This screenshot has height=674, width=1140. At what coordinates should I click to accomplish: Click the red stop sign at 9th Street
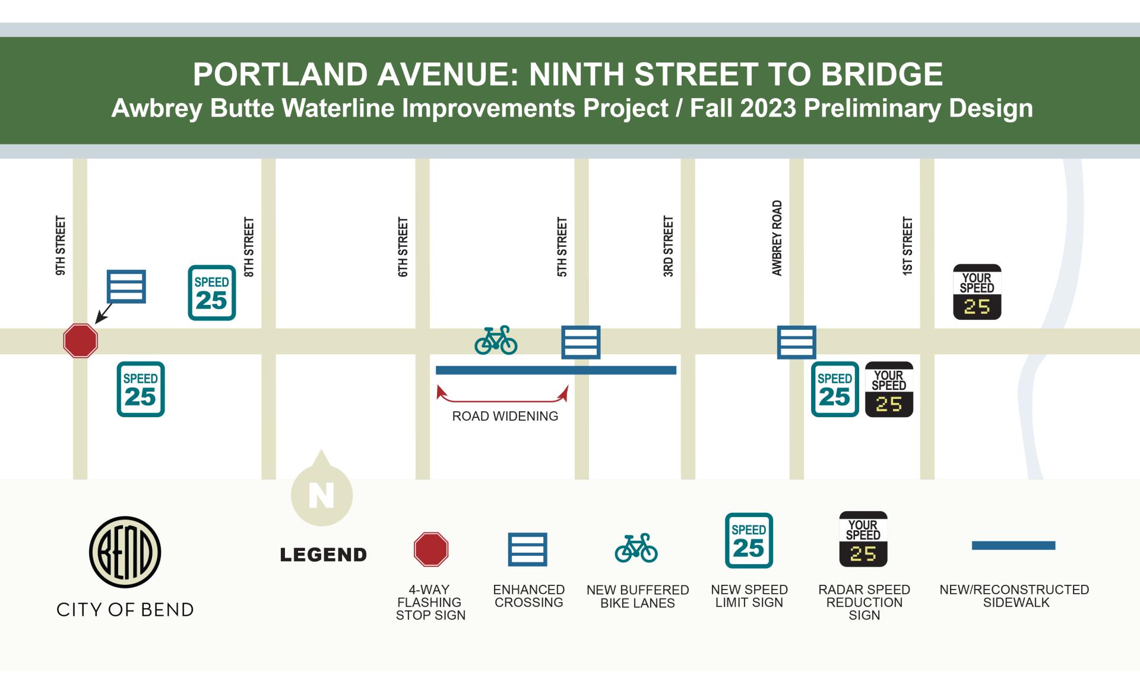click(80, 341)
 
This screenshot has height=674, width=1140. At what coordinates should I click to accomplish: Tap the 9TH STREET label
click(61, 245)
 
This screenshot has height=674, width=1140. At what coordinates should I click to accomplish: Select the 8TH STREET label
click(249, 247)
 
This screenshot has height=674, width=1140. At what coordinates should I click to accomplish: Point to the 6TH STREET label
click(403, 247)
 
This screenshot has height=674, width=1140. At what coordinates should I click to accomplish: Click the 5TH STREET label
click(562, 247)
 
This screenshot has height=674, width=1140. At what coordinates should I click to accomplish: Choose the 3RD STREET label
click(669, 246)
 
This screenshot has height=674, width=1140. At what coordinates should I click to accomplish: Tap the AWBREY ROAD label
click(777, 238)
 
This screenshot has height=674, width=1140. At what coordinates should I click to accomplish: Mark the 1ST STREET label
click(907, 246)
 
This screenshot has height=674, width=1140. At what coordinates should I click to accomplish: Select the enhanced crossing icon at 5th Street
click(581, 342)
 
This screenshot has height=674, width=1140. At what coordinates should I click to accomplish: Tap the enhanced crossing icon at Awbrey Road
click(796, 342)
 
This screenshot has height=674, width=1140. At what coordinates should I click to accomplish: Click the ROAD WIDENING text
click(505, 416)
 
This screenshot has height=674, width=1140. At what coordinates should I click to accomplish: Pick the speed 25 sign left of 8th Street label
click(212, 293)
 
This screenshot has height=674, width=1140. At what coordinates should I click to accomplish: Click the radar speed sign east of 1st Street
click(977, 292)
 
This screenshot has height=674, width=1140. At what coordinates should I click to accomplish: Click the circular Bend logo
click(125, 552)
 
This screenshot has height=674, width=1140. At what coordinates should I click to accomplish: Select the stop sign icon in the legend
click(430, 549)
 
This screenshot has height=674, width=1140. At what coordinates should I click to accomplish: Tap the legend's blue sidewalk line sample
click(1013, 545)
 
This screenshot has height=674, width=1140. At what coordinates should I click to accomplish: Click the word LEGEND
click(324, 555)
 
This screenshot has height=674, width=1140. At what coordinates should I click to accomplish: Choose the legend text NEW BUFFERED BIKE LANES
click(638, 596)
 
